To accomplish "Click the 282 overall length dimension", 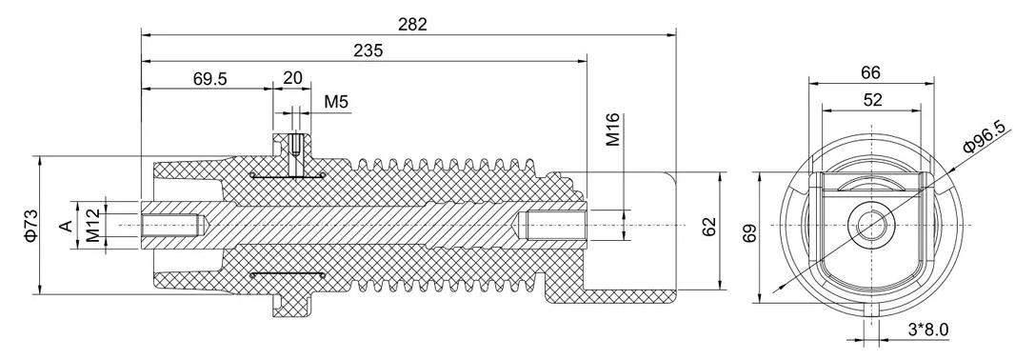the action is tap(412, 24).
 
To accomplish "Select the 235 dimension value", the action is tap(368, 50).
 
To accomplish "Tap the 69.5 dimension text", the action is tap(209, 79).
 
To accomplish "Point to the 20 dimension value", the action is tap(292, 78).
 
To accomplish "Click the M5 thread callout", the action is tap(336, 102).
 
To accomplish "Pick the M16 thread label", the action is tap(613, 130).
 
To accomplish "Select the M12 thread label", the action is tap(93, 226).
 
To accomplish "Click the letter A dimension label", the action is tap(66, 226).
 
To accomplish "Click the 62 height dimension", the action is tap(709, 227).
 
